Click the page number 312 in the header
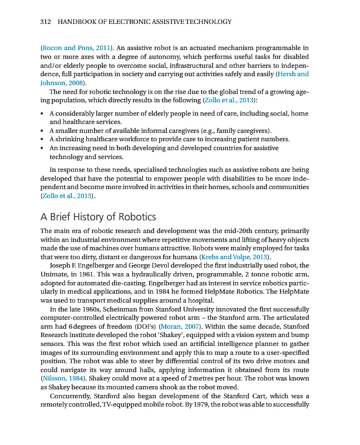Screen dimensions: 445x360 (x=46, y=22)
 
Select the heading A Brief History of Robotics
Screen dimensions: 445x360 (x=98, y=216)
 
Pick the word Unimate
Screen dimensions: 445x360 (x=55, y=274)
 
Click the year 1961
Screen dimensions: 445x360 (x=90, y=274)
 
